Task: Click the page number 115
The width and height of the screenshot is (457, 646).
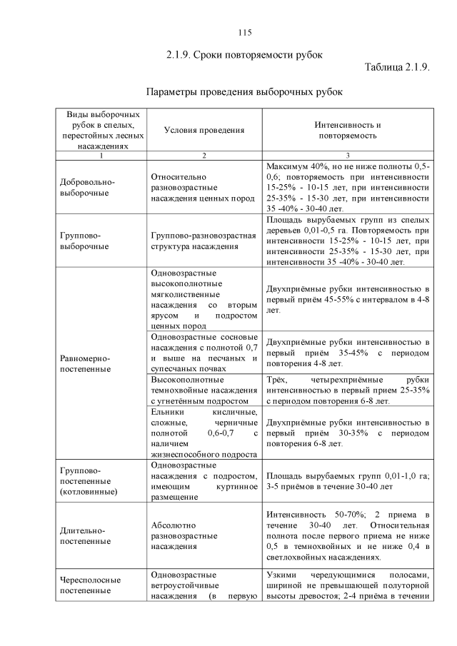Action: tap(244, 32)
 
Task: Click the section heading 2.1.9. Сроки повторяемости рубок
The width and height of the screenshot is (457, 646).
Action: tap(244, 54)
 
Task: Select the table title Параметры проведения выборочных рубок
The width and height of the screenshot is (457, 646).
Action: tap(244, 92)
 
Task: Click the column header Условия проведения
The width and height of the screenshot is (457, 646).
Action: tap(204, 130)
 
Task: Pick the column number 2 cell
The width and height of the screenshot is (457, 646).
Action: tap(204, 156)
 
